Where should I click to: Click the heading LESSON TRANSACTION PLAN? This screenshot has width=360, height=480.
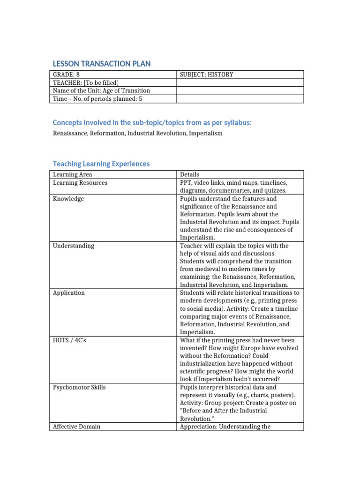tap(102, 64)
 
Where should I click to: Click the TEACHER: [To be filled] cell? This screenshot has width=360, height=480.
tap(82, 82)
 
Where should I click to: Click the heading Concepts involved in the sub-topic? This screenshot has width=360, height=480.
tap(152, 122)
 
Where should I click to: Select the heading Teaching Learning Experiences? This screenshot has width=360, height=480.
tap(101, 164)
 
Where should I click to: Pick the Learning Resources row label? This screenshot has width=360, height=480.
tap(80, 183)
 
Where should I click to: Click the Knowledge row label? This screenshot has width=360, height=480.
tap(68, 199)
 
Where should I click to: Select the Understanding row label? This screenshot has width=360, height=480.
tap(74, 246)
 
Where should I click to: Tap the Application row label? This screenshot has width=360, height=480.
tap(69, 293)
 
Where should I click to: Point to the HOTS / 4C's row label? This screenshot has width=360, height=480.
tap(70, 340)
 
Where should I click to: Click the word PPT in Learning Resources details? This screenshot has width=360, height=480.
tap(186, 183)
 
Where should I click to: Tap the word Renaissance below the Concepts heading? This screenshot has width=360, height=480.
tap(69, 133)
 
